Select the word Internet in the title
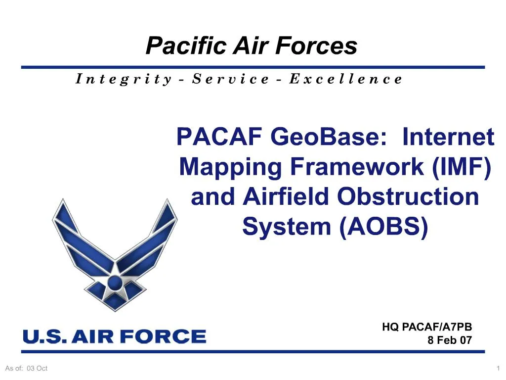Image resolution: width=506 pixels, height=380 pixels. coord(448,137)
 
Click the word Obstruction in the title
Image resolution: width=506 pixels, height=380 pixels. coord(408,197)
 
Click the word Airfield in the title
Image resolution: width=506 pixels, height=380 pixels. coord(288,197)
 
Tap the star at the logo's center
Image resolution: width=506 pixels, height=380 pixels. coord(115,283)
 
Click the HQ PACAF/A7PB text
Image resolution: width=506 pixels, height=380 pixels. coord(427,327)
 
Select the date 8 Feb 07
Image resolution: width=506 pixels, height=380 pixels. coord(449,340)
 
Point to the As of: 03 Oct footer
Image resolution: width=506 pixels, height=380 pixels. coord(26,368)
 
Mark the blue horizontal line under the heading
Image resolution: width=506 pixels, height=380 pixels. coord(253,67)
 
